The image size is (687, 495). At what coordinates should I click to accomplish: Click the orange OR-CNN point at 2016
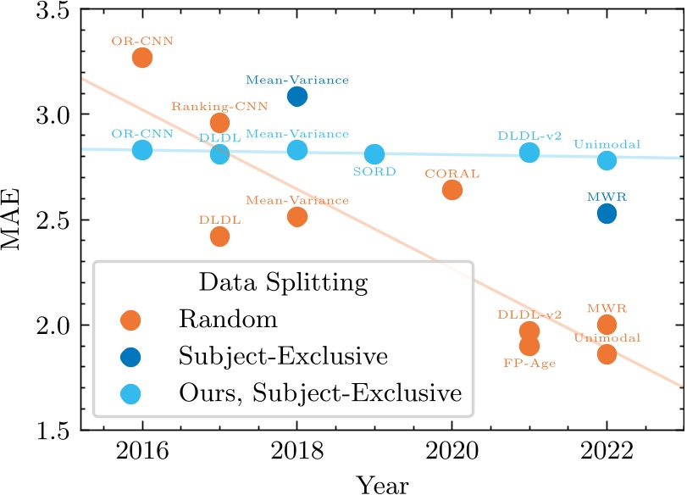pos(142,58)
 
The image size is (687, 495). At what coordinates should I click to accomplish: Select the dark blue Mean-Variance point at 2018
pos(297,97)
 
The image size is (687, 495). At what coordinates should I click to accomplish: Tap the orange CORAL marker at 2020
pos(452,190)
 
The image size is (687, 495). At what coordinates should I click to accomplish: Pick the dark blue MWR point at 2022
pos(607,214)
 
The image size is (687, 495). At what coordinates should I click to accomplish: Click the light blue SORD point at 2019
pos(374,154)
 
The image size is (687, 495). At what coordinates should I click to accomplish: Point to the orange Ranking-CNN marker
pos(219,123)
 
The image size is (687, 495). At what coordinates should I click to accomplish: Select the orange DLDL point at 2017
pos(219,236)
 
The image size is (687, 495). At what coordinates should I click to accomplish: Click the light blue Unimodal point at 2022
pos(607,160)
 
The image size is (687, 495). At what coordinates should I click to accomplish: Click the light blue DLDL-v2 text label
pos(529,135)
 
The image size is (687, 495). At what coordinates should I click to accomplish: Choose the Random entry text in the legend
pos(228,320)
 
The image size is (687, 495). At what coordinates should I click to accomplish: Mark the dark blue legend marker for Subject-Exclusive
pos(131,357)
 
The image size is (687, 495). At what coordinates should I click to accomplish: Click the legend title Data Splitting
pos(283,281)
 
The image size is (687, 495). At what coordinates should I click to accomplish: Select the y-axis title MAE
pos(14,220)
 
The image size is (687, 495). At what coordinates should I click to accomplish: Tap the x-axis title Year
pos(383,486)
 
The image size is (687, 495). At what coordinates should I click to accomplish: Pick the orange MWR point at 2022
pos(607,325)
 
